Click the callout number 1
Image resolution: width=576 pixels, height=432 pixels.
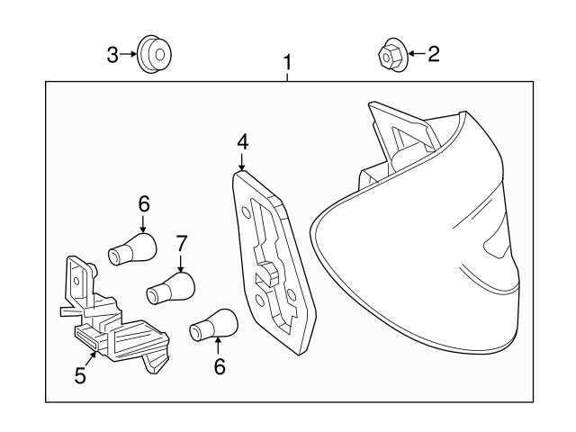[x=288, y=63]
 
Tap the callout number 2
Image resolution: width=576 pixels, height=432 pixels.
[x=433, y=55]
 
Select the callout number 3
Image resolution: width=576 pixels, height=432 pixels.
[x=112, y=56]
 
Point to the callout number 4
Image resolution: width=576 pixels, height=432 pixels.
[x=241, y=141]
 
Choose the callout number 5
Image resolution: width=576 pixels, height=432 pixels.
[x=80, y=375]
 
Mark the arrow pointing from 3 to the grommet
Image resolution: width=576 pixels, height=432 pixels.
[x=129, y=56]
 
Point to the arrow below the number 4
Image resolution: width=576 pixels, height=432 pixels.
[x=241, y=161]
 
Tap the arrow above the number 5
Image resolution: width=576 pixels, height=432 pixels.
[x=86, y=355]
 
